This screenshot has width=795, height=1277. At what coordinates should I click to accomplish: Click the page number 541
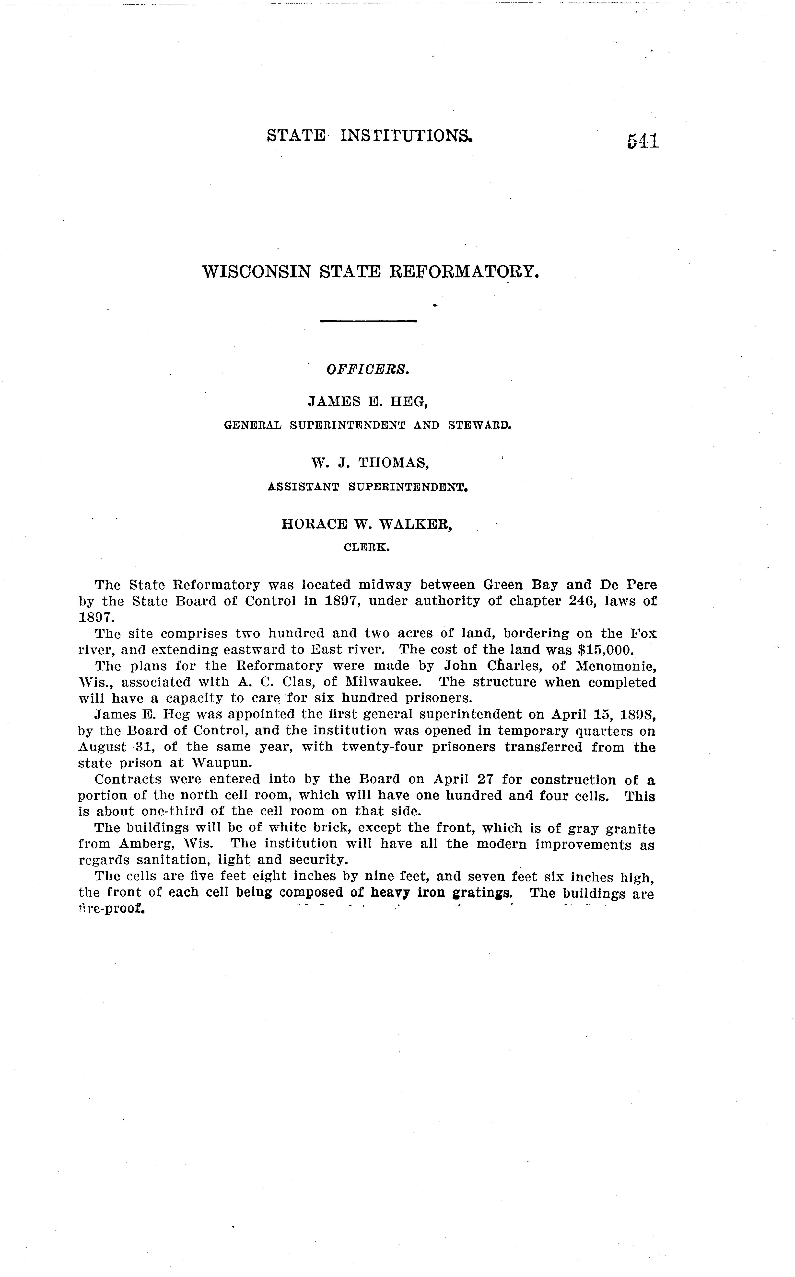(643, 141)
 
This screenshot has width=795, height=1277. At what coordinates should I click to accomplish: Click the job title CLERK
(366, 547)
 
